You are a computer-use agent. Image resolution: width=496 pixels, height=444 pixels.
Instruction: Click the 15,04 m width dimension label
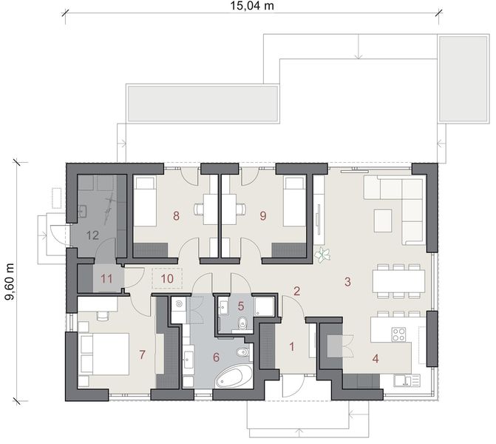point(249,7)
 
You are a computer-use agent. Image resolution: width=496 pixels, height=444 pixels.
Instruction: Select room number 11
point(107,278)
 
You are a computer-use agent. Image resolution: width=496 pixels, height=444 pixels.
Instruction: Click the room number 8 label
point(176,216)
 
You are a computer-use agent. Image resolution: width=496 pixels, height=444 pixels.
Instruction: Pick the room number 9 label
point(262,216)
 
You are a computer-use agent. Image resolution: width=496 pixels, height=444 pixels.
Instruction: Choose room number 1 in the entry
point(291,345)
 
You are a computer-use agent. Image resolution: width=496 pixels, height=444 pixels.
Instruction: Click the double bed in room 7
point(103,354)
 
